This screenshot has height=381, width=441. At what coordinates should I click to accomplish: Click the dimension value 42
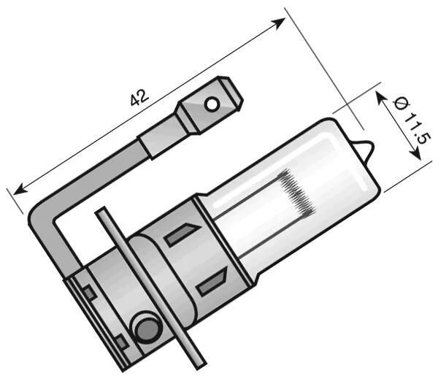coord(139,97)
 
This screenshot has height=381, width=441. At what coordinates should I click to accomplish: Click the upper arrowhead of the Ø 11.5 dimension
coord(380,96)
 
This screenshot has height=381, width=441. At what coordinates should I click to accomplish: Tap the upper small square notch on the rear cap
coord(88,293)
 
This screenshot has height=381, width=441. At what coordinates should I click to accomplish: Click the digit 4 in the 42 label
coord(134,101)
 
